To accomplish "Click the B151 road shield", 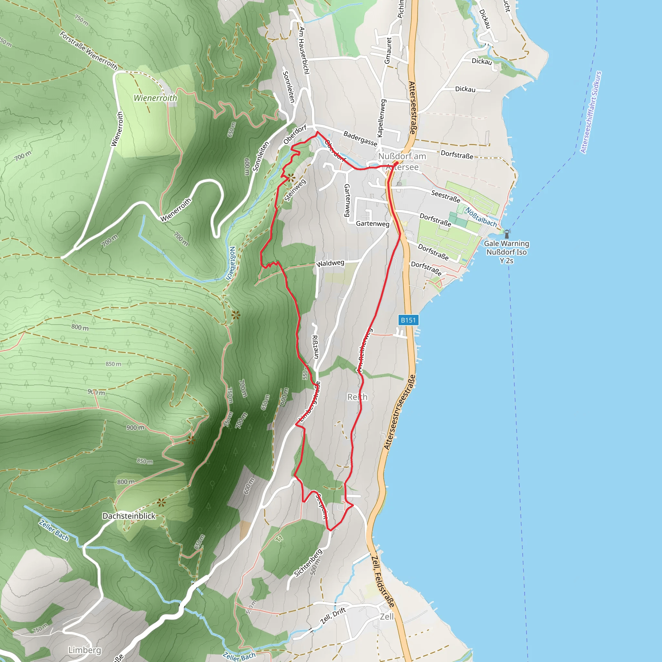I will (x=408, y=320).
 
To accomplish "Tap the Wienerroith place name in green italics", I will (x=155, y=98).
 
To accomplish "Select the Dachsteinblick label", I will (x=129, y=516).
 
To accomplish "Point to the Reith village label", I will (x=358, y=397).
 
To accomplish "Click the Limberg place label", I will (x=85, y=650).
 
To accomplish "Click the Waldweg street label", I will (x=330, y=263).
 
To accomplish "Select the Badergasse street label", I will (x=360, y=138).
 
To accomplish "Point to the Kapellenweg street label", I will (x=381, y=118).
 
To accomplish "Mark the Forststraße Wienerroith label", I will (x=88, y=51).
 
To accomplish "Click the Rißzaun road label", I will (x=315, y=347).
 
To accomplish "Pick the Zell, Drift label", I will (x=333, y=615).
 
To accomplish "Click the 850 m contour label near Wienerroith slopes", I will (x=113, y=364).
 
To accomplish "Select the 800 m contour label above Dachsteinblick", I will (x=126, y=482).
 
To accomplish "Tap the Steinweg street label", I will (x=295, y=190).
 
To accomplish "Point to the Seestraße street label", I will (x=445, y=196).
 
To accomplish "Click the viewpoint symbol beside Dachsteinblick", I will (x=161, y=503).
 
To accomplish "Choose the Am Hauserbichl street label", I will (x=304, y=50).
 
